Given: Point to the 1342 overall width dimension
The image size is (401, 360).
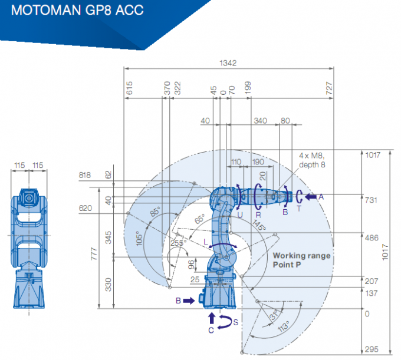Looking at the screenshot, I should (229, 62).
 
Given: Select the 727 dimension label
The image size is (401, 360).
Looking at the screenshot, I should (329, 88).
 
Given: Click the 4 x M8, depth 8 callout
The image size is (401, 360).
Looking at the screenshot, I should (312, 160).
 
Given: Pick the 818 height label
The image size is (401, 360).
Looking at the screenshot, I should (86, 176).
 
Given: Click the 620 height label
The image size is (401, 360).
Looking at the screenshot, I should (86, 208).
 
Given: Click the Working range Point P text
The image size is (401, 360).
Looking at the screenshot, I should (301, 260).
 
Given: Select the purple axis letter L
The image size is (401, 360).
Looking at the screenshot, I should (205, 242).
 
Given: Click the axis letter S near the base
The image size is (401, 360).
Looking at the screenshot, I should (236, 322).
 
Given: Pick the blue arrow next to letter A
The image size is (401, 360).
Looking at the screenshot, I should (311, 196).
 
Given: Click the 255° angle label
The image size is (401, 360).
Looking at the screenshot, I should (177, 242).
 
